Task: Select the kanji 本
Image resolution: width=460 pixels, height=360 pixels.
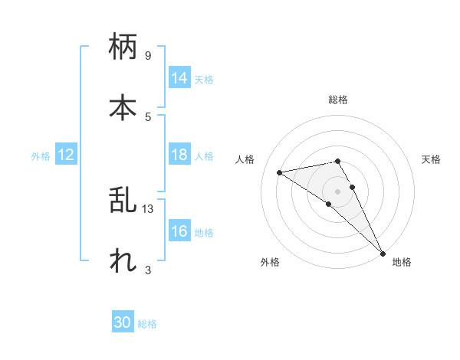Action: [123, 106]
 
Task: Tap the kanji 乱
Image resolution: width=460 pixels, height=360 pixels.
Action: [123, 200]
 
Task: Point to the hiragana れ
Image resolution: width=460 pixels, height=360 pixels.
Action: [123, 260]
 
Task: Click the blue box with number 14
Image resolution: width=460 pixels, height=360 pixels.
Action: [179, 78]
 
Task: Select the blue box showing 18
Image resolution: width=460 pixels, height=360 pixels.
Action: [179, 155]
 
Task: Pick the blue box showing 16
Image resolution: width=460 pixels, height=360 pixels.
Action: [179, 231]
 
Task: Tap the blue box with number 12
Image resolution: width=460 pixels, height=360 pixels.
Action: [66, 155]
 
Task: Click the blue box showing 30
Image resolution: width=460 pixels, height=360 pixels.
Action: [123, 322]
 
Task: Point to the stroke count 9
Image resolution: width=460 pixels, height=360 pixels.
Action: [148, 56]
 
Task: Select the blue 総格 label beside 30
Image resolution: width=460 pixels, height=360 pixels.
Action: [147, 324]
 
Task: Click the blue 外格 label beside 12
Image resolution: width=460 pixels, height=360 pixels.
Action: [41, 156]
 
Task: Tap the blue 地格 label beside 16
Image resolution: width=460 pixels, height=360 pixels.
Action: [204, 233]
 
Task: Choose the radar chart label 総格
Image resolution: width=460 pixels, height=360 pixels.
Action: [338, 100]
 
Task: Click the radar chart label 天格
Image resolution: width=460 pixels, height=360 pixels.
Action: [431, 159]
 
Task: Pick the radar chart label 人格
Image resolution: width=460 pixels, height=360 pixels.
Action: [245, 159]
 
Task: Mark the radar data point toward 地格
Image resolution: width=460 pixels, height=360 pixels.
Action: [382, 252]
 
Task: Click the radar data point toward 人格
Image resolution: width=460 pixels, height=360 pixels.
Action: [280, 172]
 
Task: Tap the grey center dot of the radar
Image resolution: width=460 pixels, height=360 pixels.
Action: [338, 191]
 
